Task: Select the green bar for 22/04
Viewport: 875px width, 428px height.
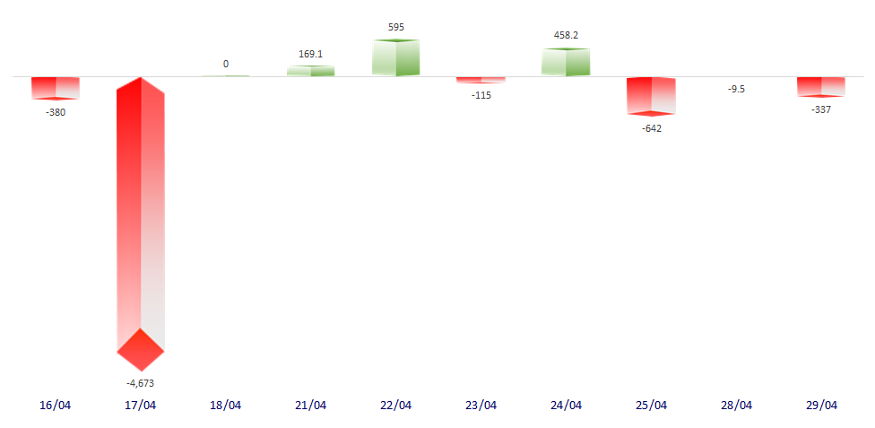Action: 396,58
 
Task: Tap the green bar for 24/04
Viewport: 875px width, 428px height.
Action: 567,62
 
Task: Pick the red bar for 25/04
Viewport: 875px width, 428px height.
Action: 652,95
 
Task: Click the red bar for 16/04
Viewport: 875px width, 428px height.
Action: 56,88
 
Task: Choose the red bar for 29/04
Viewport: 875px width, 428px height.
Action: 821,87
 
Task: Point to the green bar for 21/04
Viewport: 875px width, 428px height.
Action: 311,71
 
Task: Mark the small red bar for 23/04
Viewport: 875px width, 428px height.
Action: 481,80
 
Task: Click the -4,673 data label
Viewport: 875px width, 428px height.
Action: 141,383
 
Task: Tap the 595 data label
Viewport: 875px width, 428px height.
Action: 396,27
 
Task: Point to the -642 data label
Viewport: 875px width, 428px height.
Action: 652,128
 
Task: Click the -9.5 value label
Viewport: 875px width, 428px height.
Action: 737,89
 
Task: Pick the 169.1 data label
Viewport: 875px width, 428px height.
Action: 311,54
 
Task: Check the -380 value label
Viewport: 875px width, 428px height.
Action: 56,112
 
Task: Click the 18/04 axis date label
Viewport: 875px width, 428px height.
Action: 226,406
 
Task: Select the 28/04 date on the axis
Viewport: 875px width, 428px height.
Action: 737,406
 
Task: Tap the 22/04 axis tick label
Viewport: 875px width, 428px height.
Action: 396,406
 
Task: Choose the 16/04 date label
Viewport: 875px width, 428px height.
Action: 56,406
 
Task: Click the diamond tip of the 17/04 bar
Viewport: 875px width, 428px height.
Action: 141,350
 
